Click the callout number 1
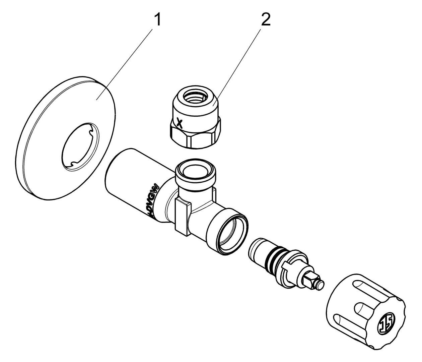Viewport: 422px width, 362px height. point(157,20)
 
